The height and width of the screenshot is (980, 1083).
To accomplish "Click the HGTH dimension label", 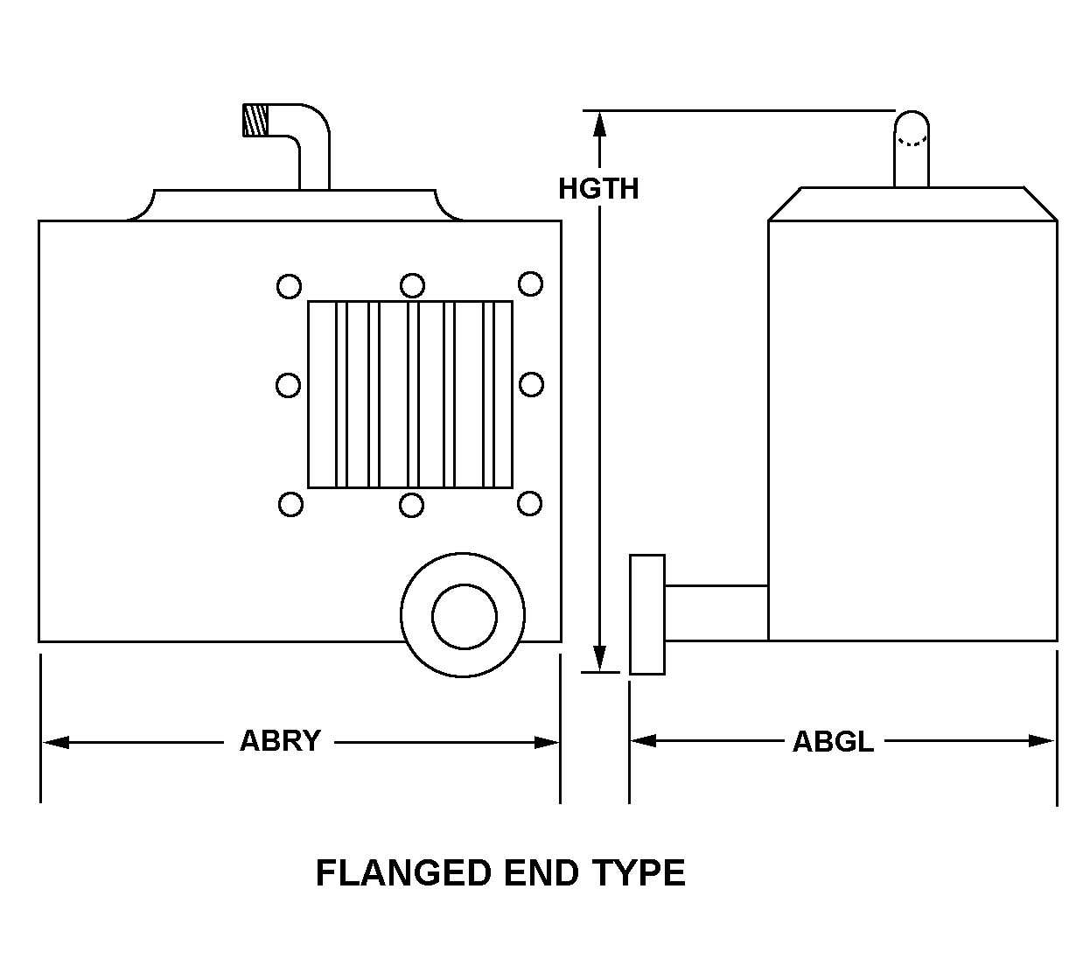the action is [598, 188].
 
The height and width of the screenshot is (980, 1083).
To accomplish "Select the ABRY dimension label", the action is [280, 740].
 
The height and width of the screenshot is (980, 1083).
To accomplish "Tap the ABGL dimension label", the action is [833, 742].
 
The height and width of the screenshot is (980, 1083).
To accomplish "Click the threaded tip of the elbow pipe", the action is [255, 120].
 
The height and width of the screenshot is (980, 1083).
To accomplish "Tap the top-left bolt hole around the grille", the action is [289, 286].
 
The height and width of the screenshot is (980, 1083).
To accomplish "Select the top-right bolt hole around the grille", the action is [530, 283].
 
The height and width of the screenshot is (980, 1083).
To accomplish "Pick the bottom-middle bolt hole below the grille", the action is [411, 505].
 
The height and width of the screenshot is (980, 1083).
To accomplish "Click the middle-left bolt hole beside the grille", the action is [289, 385].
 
